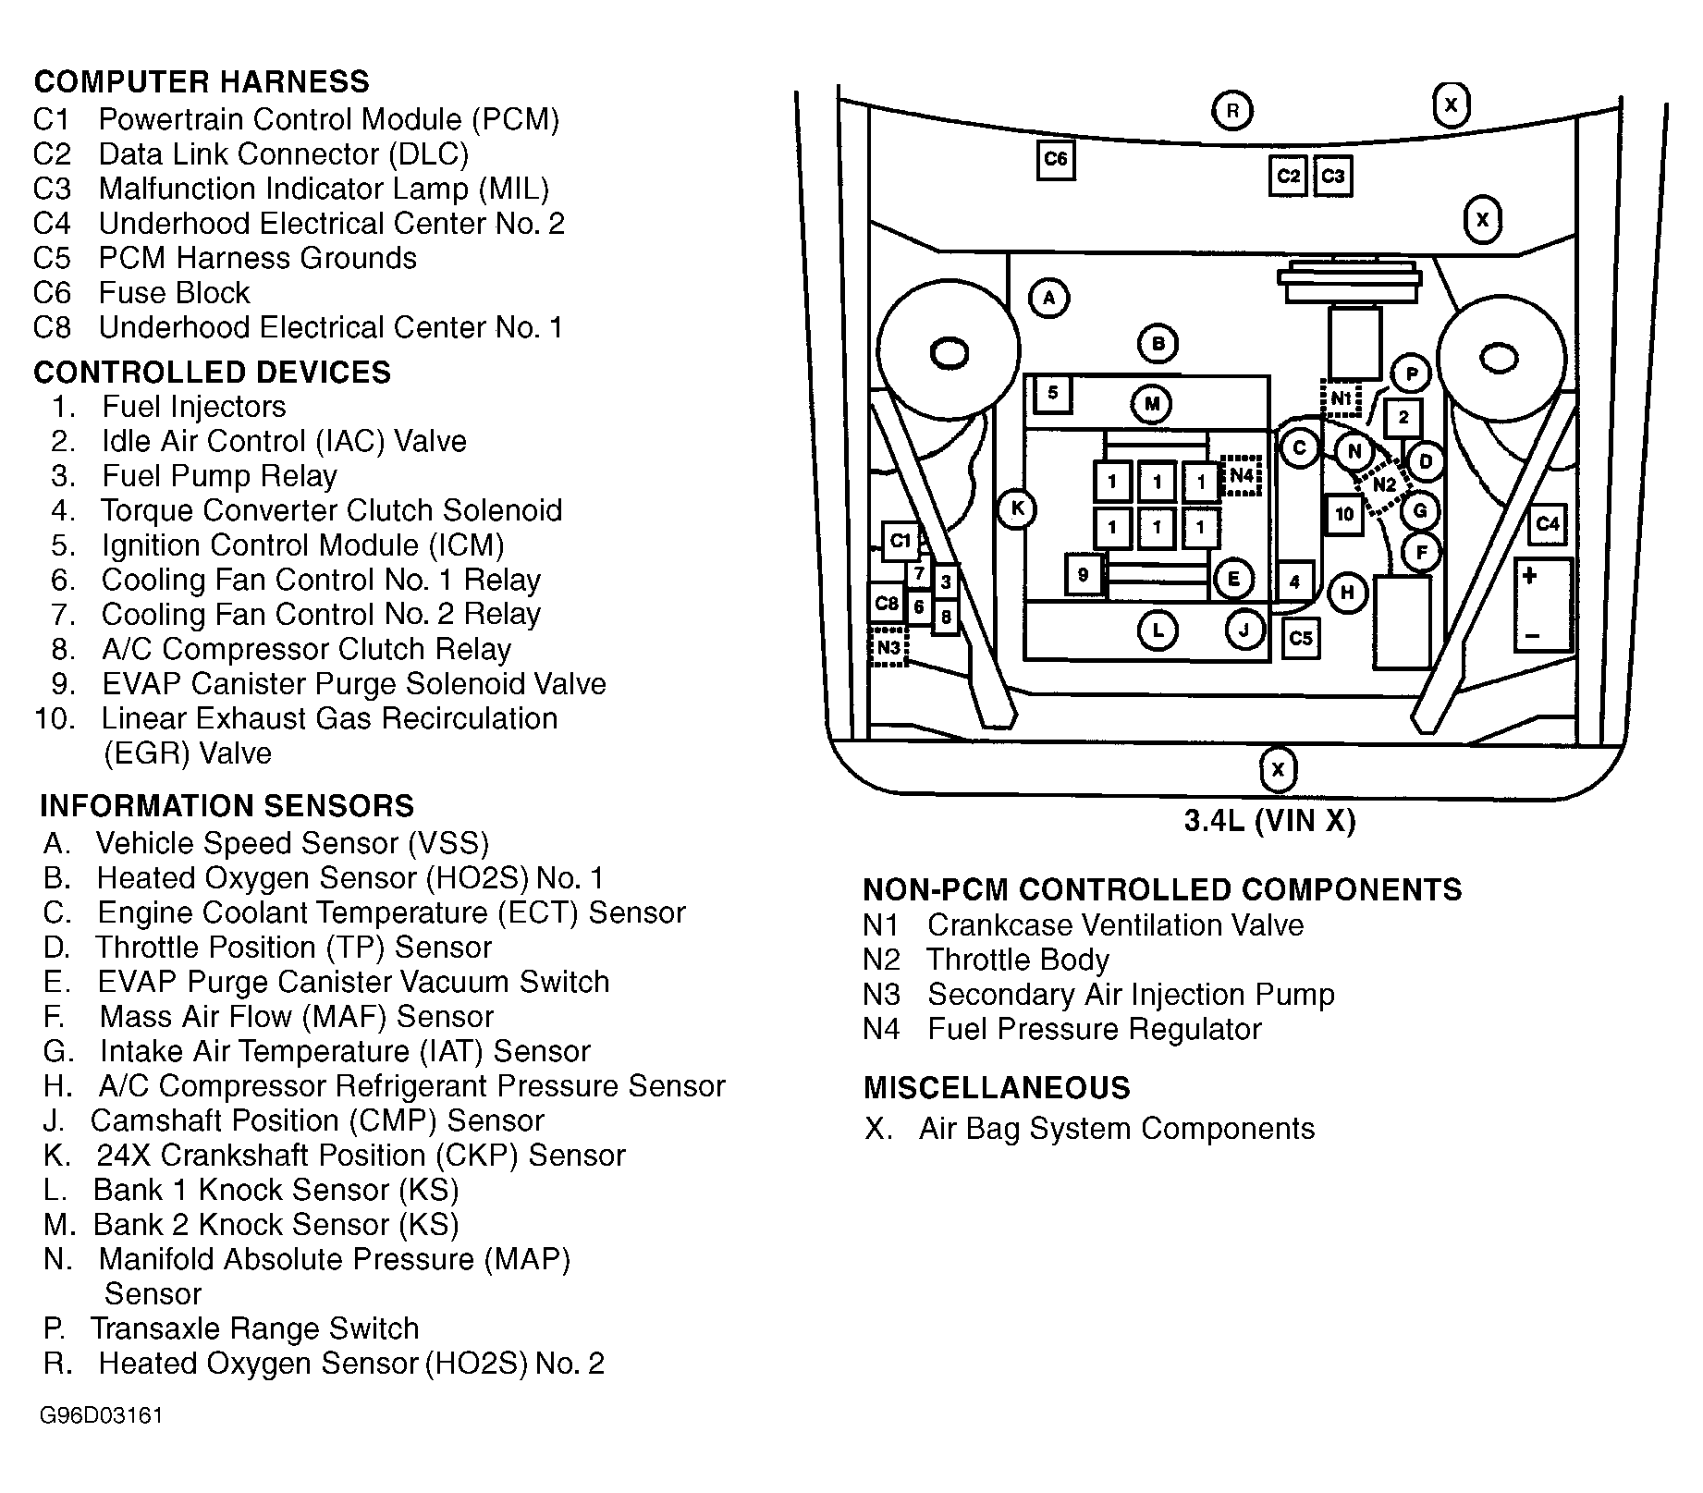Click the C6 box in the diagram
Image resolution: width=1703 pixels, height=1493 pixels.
coord(1055,160)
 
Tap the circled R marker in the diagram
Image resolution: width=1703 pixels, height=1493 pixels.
coord(1231,111)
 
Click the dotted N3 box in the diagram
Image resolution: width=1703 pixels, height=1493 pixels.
coord(888,647)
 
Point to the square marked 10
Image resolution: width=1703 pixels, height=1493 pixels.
coord(1344,514)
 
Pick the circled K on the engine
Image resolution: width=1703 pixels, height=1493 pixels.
coord(1017,508)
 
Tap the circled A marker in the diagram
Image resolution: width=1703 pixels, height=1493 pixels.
coord(1048,299)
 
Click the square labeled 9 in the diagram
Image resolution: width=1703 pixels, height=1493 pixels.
coord(1083,575)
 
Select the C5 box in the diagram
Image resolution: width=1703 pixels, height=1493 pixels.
coord(1300,638)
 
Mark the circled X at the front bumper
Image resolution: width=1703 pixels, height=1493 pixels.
coord(1278,769)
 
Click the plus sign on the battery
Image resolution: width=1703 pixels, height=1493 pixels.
coord(1529,576)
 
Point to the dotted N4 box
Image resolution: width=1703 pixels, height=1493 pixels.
coord(1241,476)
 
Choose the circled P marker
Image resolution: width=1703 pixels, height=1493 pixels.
coord(1411,374)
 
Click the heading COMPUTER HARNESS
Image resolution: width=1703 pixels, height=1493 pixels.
coord(202,82)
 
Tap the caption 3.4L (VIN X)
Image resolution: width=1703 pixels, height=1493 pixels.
coord(1269,821)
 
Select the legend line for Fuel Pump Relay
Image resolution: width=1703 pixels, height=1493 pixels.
coord(219,476)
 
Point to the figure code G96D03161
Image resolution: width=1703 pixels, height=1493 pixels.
coord(101,1416)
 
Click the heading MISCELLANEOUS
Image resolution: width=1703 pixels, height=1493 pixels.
coord(997,1088)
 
